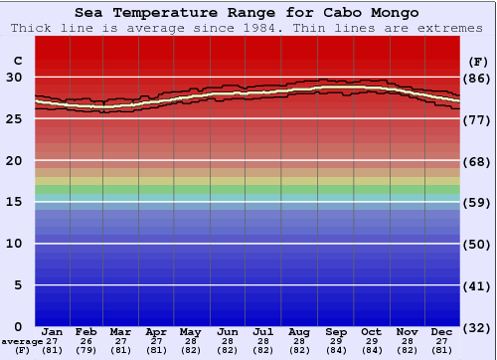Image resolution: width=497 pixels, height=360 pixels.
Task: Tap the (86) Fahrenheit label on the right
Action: tap(476, 78)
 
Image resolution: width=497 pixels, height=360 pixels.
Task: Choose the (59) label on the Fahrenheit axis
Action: tap(476, 202)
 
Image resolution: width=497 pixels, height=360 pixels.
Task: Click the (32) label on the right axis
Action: tap(476, 326)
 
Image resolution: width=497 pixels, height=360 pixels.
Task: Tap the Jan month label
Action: tap(53, 331)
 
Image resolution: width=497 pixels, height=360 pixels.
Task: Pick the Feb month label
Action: tap(86, 331)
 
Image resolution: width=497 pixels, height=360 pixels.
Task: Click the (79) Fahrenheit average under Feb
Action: tap(86, 350)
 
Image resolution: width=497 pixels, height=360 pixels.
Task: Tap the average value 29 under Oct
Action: tap(372, 341)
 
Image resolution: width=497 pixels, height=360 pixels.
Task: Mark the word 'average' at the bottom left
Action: tap(22, 341)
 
